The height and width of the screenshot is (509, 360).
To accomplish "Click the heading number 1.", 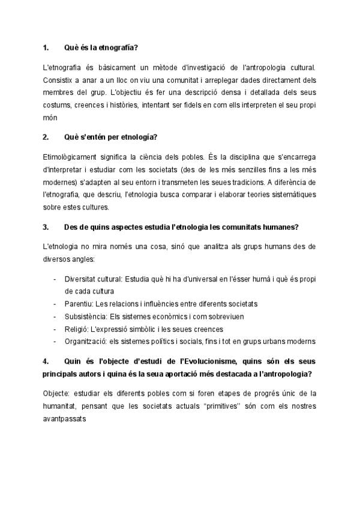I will pos(46,47).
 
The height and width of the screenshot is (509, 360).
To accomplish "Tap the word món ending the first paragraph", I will pos(50,118).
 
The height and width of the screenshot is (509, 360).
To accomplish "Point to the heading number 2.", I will pos(46,137).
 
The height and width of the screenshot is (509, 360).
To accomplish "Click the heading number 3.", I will pos(46,227).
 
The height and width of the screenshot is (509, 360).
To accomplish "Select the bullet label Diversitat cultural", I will pos(93,279).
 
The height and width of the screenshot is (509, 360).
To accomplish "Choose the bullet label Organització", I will pos(86,342).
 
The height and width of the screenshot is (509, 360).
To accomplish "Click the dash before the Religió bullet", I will pos(56,329).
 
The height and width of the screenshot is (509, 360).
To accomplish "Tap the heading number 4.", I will pos(46,361).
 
